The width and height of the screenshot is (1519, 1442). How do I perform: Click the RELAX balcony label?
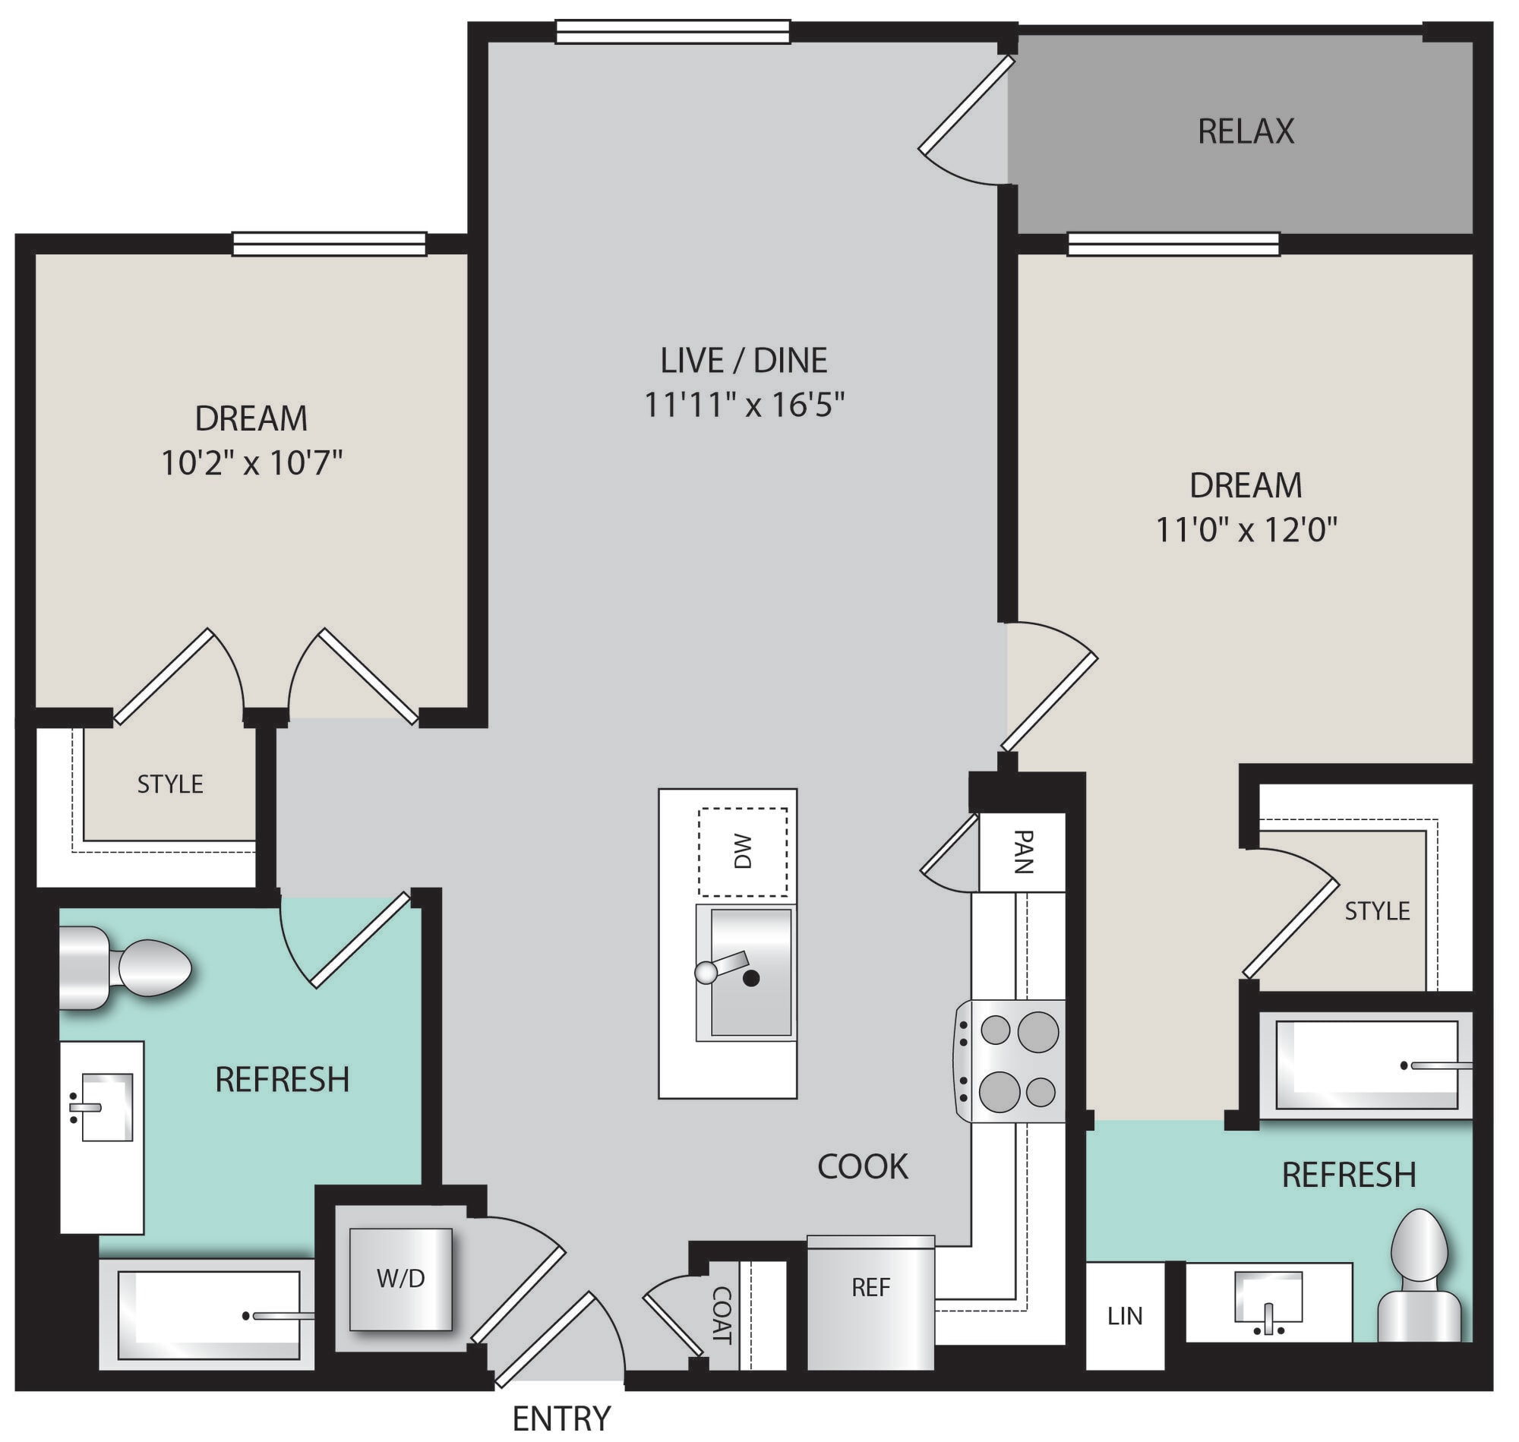pyautogui.click(x=1246, y=131)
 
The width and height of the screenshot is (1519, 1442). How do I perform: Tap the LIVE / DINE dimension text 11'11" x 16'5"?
pyautogui.click(x=744, y=404)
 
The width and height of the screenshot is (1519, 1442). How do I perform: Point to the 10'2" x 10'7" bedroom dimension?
pyautogui.click(x=251, y=462)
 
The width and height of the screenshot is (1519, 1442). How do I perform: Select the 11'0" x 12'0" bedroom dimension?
pyautogui.click(x=1247, y=529)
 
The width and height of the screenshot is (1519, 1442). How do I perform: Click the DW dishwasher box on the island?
pyautogui.click(x=743, y=851)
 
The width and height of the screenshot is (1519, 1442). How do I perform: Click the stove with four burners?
pyautogui.click(x=1010, y=1061)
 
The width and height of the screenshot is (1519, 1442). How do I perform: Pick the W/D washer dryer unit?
pyautogui.click(x=400, y=1279)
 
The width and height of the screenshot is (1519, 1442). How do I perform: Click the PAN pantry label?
pyautogui.click(x=1022, y=851)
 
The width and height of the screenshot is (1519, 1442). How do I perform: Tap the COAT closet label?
pyautogui.click(x=721, y=1314)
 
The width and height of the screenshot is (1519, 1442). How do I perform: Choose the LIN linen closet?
pyautogui.click(x=1125, y=1315)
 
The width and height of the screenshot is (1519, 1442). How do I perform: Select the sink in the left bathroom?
pyautogui.click(x=103, y=1108)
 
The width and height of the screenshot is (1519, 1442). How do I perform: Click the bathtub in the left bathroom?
pyautogui.click(x=207, y=1315)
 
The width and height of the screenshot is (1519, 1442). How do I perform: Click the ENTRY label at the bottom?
pyautogui.click(x=562, y=1418)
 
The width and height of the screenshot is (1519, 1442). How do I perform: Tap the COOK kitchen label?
pyautogui.click(x=863, y=1166)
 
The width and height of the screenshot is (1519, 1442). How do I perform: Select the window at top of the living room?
pyautogui.click(x=673, y=32)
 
